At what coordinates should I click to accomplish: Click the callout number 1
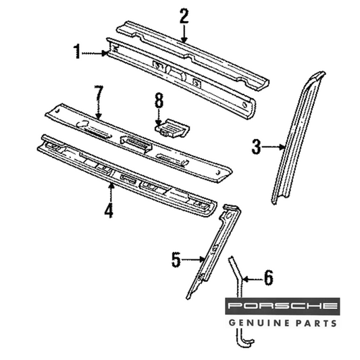[77, 51]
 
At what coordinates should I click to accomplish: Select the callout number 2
[184, 16]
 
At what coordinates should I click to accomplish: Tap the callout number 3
[256, 147]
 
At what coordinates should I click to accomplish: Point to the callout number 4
[109, 210]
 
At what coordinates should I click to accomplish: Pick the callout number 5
[176, 259]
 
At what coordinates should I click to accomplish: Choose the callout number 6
[269, 278]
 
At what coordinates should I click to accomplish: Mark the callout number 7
[99, 93]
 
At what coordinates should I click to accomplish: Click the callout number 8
[159, 101]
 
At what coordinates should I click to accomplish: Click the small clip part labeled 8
[172, 128]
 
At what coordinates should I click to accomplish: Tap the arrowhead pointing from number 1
[105, 53]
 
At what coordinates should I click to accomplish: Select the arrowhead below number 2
[184, 40]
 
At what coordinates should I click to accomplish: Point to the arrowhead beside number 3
[282, 147]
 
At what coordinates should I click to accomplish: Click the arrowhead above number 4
[111, 186]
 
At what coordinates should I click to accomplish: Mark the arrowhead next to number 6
[245, 280]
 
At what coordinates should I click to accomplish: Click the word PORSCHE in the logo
[282, 305]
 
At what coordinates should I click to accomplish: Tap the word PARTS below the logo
[315, 324]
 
